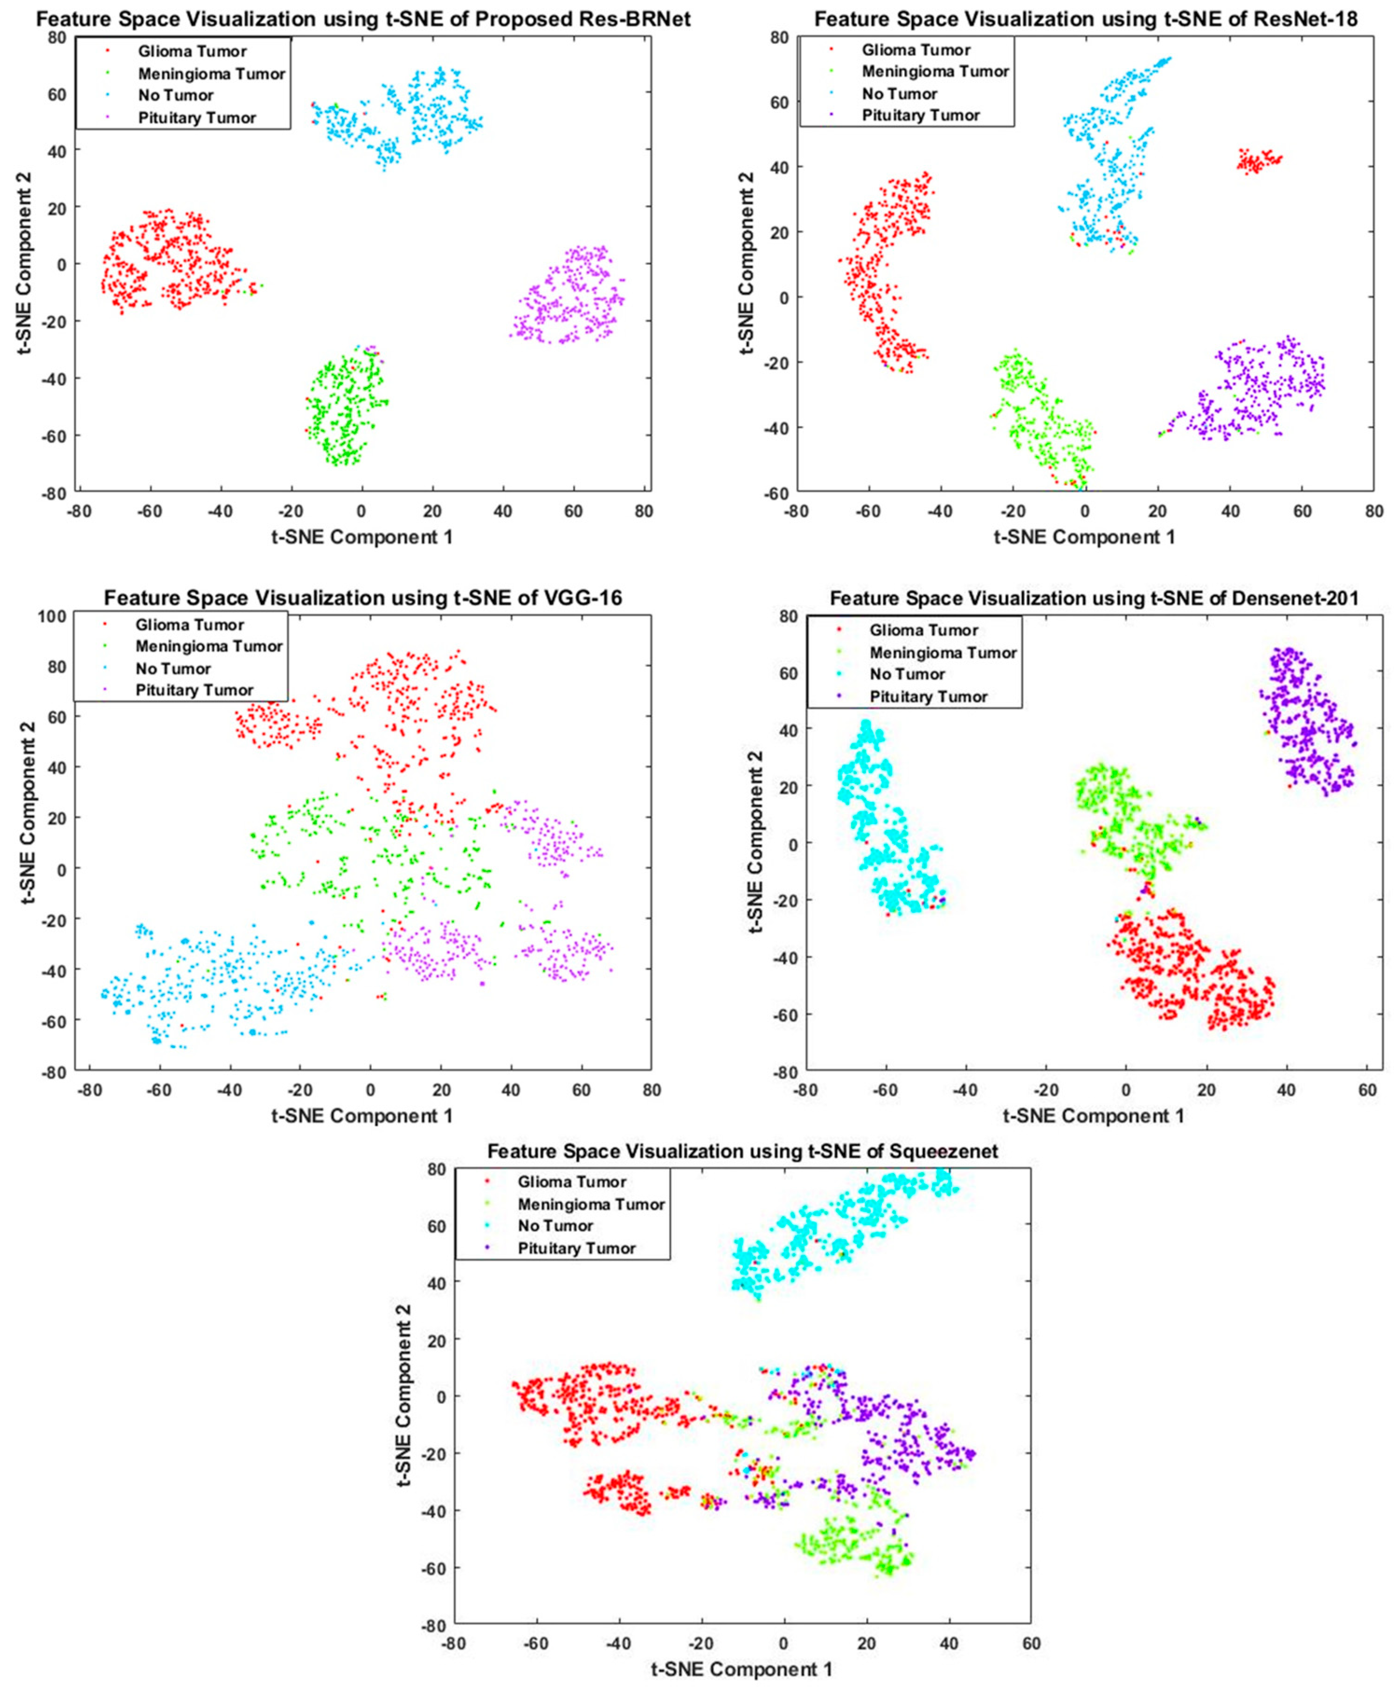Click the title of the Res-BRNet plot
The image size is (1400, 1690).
coord(362,18)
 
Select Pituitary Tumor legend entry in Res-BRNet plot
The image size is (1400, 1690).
coord(196,117)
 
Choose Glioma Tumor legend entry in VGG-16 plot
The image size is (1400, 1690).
coord(189,625)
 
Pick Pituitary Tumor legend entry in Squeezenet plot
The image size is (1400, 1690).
coord(576,1248)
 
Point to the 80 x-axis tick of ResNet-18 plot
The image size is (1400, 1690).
coord(1374,512)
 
